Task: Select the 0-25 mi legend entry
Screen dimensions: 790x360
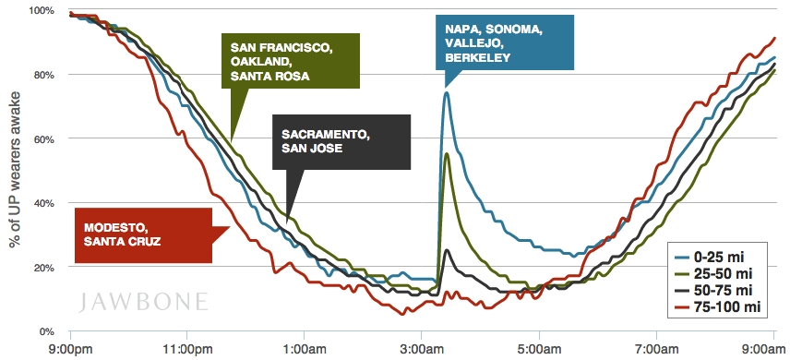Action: point(714,258)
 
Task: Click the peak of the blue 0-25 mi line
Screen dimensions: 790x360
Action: point(447,92)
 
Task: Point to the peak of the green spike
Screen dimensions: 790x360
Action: point(447,153)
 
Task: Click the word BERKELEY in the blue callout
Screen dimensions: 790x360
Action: point(478,58)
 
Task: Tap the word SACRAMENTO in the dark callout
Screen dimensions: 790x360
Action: point(323,135)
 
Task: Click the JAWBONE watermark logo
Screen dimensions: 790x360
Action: point(143,302)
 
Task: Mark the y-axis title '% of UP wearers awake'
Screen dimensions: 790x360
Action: point(15,170)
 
